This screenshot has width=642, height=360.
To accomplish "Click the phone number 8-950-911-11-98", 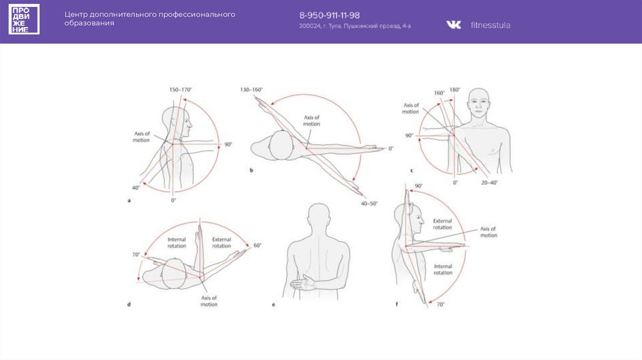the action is pos(329,15).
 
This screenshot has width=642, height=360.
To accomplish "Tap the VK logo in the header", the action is pos(453,24).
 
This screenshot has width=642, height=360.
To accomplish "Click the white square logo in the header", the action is pos(24,19).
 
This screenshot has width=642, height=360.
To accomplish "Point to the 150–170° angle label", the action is pos(181,90).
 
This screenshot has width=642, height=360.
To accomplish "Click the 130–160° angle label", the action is pos(251,90).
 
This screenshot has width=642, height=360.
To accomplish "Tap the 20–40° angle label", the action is pos(490,183).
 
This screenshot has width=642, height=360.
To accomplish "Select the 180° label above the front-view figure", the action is pos(455,90).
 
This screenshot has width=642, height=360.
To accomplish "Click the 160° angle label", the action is pos(439,93).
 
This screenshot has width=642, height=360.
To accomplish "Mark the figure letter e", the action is pos(273,304).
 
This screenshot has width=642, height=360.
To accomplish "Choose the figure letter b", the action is pos(251,170).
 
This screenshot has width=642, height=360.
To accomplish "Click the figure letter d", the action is pos(129,304).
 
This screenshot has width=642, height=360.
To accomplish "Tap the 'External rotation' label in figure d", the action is pos(221,242).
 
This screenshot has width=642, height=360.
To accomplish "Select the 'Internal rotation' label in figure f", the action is pos(443,269).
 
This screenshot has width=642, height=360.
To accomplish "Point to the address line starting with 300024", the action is pos(355,26).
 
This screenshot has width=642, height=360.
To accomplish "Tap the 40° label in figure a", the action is pos(135,187).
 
